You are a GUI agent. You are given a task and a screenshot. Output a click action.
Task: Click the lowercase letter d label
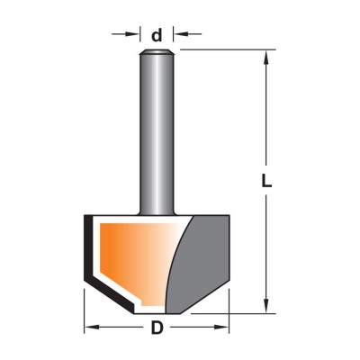[157, 35]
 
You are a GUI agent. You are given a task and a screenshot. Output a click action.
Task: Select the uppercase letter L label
[266, 181]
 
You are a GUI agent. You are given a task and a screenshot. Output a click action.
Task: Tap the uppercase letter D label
[157, 328]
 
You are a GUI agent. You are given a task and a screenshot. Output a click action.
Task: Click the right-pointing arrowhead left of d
[132, 34]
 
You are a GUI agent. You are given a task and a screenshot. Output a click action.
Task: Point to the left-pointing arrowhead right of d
[181, 34]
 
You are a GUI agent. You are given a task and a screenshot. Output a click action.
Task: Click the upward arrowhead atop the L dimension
[265, 58]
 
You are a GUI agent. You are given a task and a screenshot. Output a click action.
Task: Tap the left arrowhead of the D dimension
[92, 327]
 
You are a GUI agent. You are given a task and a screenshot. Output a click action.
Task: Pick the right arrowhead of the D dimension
[221, 327]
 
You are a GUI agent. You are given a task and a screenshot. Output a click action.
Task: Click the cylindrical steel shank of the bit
[157, 133]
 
